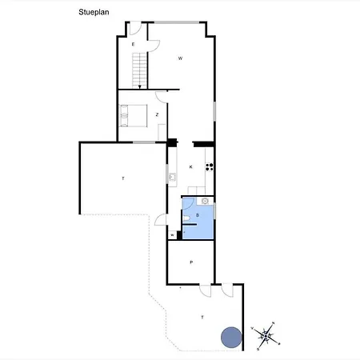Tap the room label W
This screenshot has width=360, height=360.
click(180, 58)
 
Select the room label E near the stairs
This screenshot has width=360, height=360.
click(133, 45)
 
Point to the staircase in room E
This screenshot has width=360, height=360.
click(140, 68)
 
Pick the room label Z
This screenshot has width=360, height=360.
click(157, 115)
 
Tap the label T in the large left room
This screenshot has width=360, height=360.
click(123, 178)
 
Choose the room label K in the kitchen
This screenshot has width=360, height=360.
click(190, 166)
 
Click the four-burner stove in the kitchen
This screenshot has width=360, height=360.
click(210, 166)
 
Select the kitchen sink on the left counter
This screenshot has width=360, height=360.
click(171, 175)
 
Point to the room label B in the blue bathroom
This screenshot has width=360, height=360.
click(197, 216)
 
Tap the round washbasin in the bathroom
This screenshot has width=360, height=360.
click(205, 202)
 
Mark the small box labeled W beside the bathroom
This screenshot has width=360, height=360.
click(172, 234)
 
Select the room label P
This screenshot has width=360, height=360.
click(191, 262)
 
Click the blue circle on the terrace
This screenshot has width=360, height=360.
click(230, 337)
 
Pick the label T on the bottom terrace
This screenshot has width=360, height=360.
click(202, 318)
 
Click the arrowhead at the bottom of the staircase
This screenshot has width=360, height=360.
click(140, 86)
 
